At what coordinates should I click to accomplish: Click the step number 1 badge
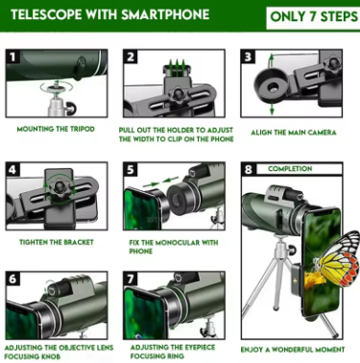[x=12, y=57]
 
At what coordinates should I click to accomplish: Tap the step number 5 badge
[x=131, y=169]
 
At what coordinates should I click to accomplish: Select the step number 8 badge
[x=249, y=169]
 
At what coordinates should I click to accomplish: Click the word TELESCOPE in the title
[x=46, y=14]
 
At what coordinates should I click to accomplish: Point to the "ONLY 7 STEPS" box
[x=313, y=17]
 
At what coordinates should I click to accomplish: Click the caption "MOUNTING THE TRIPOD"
[x=56, y=129]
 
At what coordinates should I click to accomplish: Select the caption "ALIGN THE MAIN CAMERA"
[x=294, y=133]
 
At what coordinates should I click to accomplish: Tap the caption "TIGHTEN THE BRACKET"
[x=57, y=242]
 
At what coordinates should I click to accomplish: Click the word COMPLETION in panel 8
[x=290, y=169]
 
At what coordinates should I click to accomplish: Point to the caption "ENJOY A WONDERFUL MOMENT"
[x=293, y=350]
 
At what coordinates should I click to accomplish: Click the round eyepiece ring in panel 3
[x=270, y=85]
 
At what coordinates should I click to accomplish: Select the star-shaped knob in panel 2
[x=177, y=94]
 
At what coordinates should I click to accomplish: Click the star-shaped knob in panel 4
[x=60, y=187]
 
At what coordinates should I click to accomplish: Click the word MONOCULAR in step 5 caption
[x=175, y=243]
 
